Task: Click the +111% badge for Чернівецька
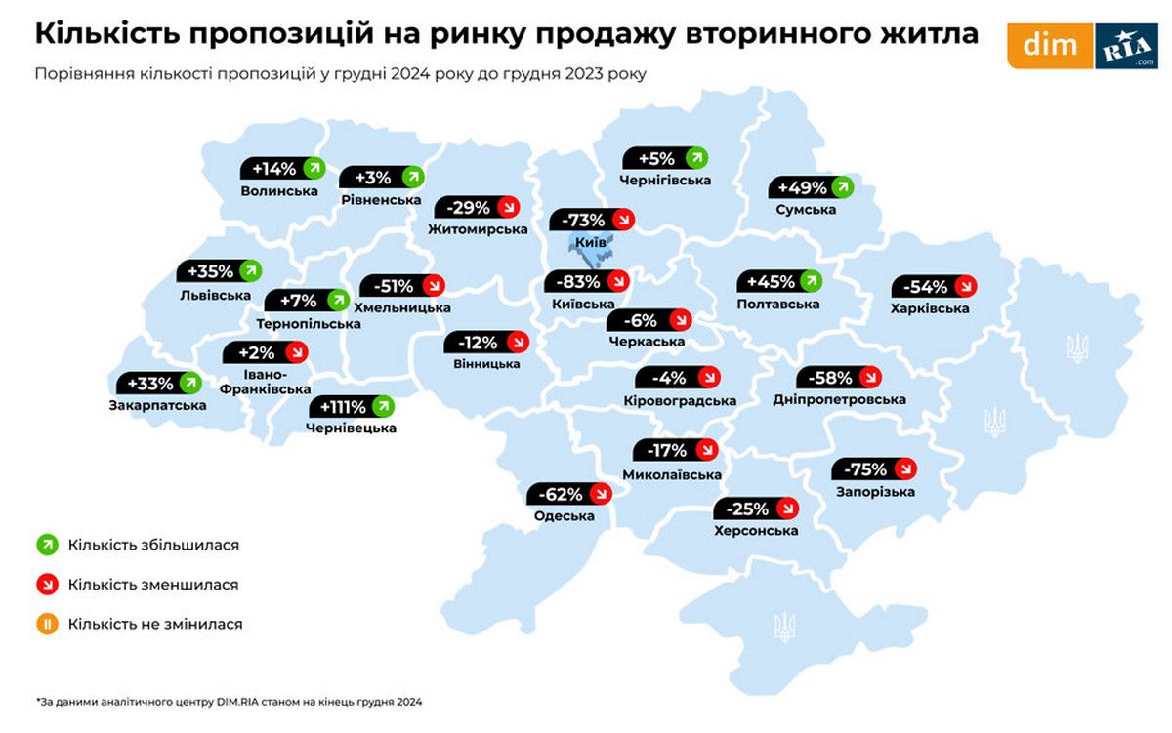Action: (352, 406)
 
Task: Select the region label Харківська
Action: (930, 308)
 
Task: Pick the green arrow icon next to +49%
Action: (842, 187)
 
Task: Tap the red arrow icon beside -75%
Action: (905, 468)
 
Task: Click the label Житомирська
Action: (478, 229)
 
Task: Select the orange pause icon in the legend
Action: (45, 623)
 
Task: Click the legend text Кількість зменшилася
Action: (153, 585)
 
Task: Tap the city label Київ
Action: (591, 241)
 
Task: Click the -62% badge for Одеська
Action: (569, 494)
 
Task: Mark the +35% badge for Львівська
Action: (220, 271)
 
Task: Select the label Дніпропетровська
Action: (839, 399)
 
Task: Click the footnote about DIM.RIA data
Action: (230, 701)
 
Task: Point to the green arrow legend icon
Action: (45, 545)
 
